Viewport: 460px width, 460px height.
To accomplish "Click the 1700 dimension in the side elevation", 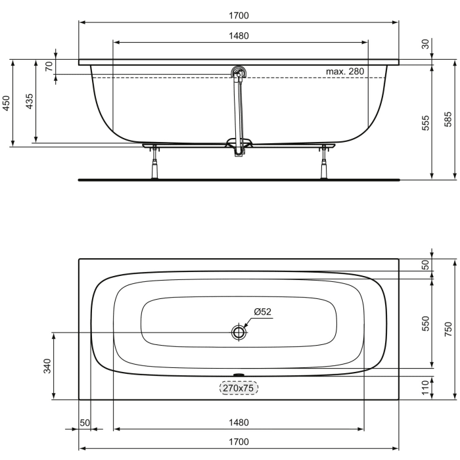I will point(239,15).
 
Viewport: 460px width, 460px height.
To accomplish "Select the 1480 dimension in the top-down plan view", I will point(239,422).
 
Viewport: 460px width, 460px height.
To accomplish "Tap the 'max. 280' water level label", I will point(345,71).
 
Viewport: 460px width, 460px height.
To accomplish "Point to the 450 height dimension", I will point(6,103).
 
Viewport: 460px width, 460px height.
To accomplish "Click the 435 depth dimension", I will point(30,103).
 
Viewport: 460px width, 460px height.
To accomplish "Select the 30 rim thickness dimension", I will point(425,44).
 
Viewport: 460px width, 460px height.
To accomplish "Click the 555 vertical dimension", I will point(425,122).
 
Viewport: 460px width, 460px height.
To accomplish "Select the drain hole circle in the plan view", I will point(239,333).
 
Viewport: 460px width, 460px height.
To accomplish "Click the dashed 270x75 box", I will point(239,388).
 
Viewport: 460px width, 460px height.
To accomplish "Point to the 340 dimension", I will point(47,366).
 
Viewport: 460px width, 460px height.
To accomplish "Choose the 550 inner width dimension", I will point(425,323).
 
